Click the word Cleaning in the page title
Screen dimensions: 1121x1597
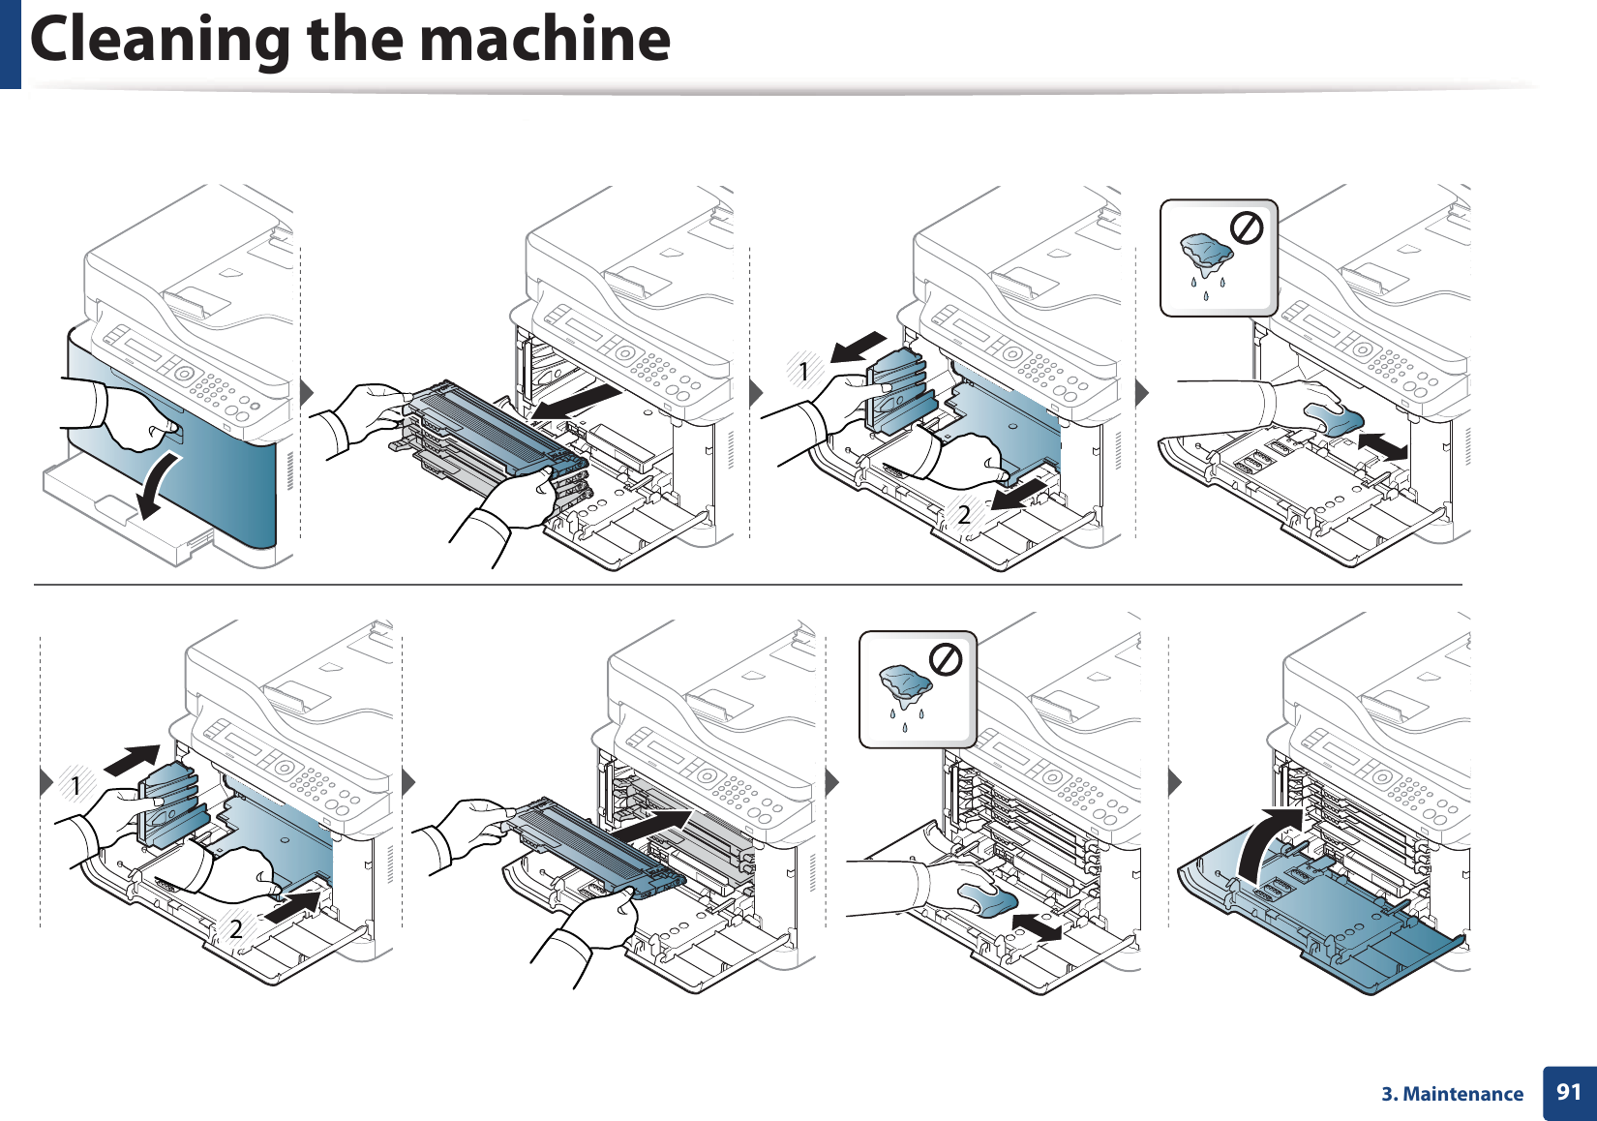(161, 41)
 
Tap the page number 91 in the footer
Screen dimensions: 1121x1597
(1568, 1093)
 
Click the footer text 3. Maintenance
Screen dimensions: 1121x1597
(1452, 1094)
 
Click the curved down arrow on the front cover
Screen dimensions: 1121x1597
(158, 485)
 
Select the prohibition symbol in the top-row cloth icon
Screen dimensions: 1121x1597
(1247, 228)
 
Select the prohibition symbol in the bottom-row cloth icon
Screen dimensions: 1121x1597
(946, 660)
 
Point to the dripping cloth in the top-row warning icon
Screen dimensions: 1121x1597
(1205, 255)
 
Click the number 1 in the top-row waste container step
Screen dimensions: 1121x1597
(803, 372)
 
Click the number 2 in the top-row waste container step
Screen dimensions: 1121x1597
(963, 515)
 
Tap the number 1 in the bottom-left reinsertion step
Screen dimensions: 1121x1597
(75, 786)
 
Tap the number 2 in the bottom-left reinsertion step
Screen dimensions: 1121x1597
(235, 929)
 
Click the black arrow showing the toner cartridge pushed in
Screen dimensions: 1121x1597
(650, 826)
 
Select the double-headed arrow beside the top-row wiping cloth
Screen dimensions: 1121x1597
(1381, 446)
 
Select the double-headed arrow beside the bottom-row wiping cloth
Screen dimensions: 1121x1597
(1036, 927)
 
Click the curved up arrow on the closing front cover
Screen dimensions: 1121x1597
(1265, 843)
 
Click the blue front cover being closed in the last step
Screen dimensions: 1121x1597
(1355, 929)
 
